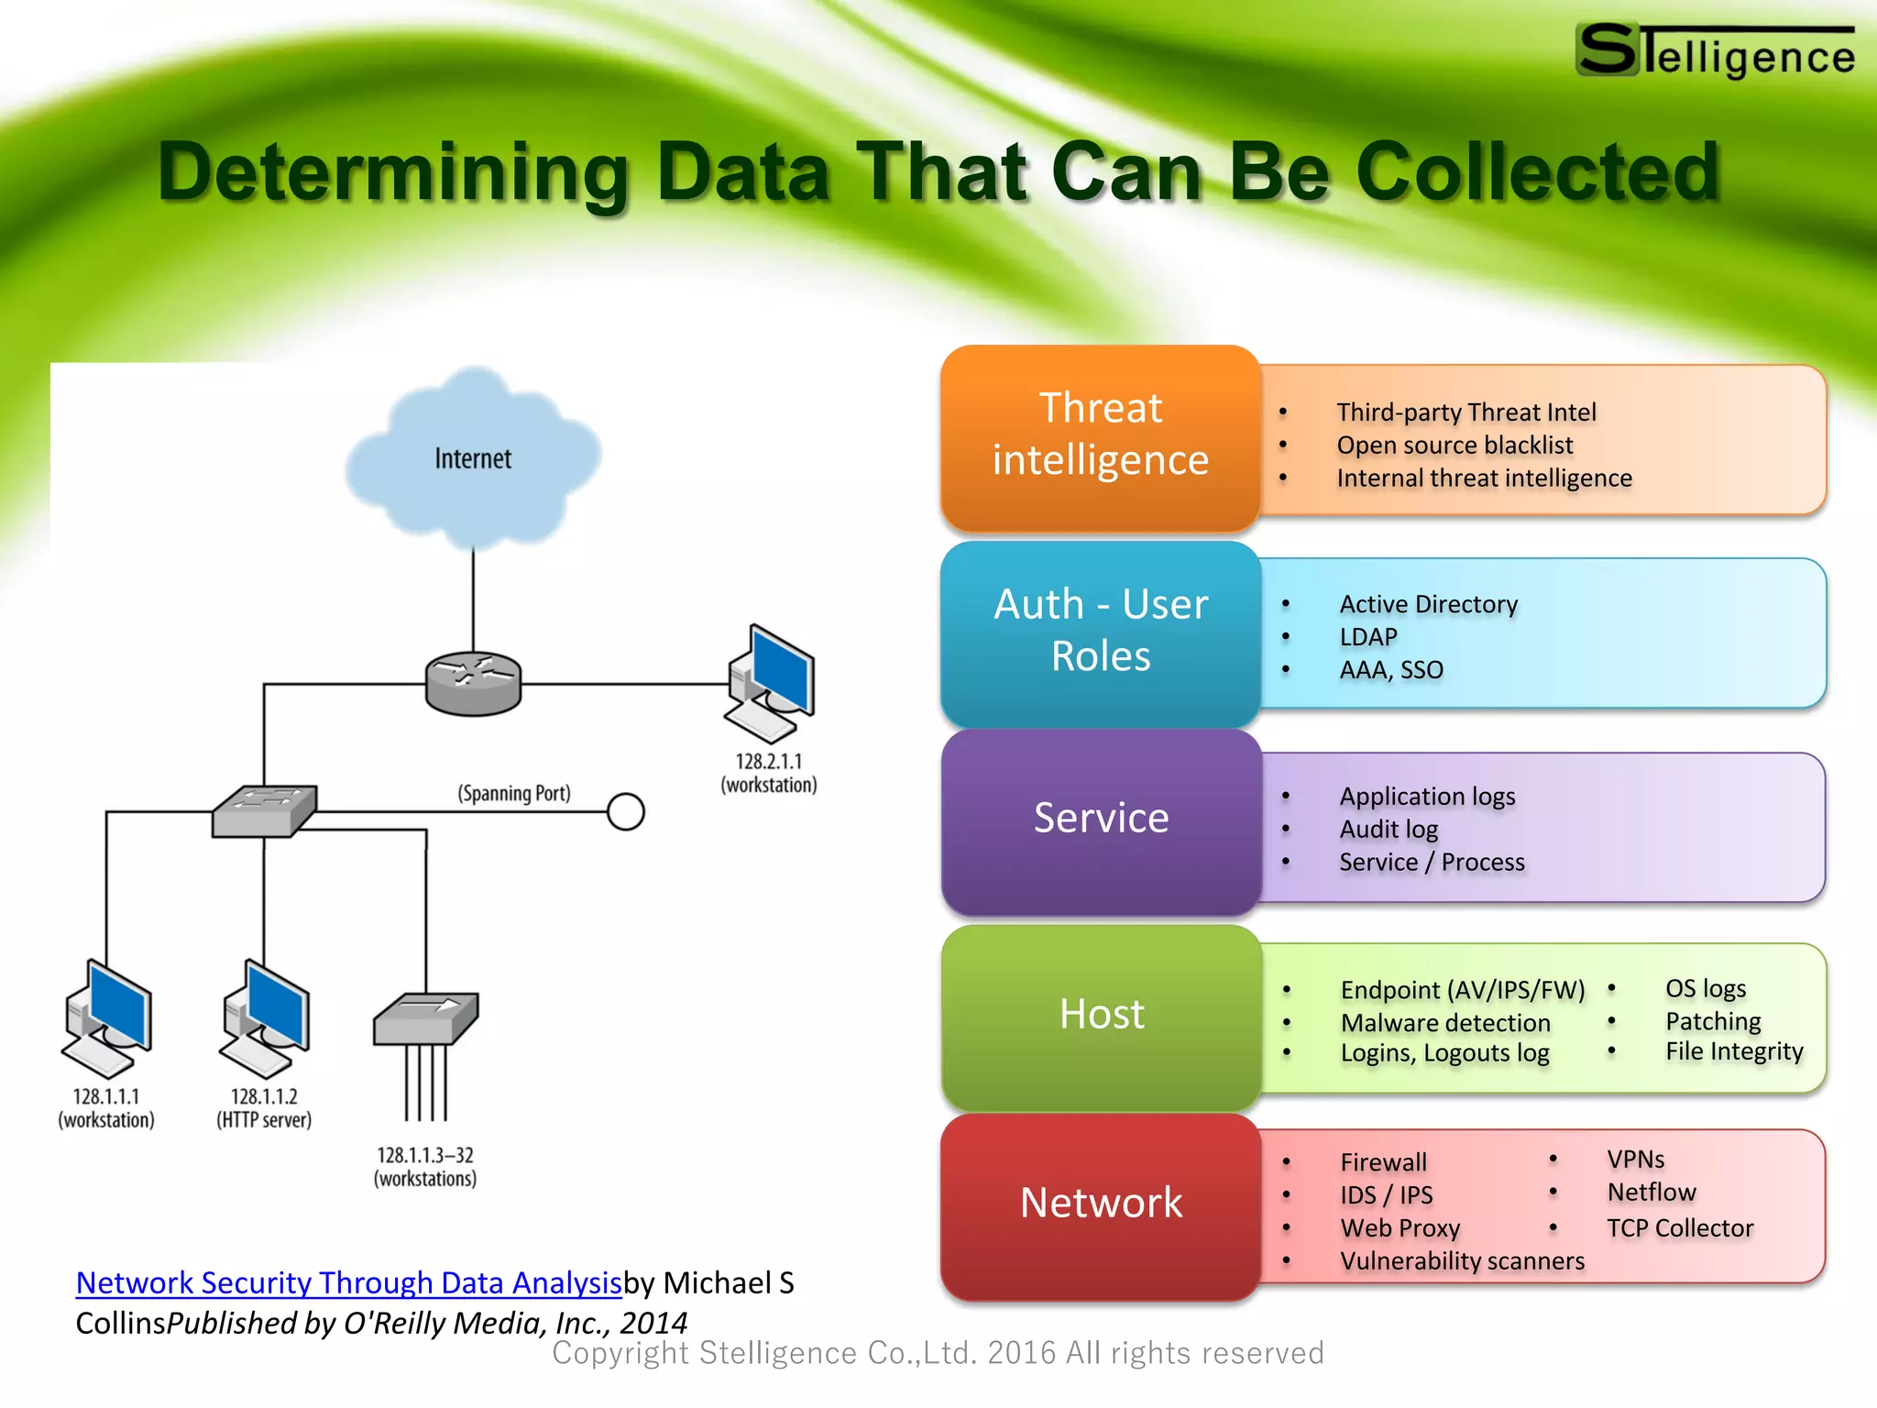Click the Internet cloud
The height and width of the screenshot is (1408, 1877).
point(473,458)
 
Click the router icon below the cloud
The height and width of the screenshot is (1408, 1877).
point(473,683)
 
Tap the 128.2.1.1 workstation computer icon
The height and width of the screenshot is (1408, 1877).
point(771,683)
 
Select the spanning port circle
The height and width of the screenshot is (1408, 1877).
point(626,812)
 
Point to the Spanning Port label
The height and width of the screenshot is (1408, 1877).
point(514,793)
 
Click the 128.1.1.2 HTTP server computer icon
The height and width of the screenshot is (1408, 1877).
point(266,1017)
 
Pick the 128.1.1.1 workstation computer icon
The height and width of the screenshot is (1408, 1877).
point(107,1017)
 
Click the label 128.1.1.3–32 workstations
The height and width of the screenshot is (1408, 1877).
point(425,1167)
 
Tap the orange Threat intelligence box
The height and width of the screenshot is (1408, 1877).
point(1100,435)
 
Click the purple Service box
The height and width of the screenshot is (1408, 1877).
point(1100,819)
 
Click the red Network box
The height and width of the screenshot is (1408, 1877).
point(1100,1204)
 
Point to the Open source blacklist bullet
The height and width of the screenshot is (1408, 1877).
point(1454,445)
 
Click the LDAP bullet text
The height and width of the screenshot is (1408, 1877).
point(1368,637)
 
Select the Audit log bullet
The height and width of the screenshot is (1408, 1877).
point(1389,830)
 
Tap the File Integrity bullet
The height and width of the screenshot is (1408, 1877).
point(1734,1051)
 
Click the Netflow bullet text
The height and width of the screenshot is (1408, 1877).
point(1652,1193)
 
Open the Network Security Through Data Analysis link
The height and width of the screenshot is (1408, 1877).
point(348,1283)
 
